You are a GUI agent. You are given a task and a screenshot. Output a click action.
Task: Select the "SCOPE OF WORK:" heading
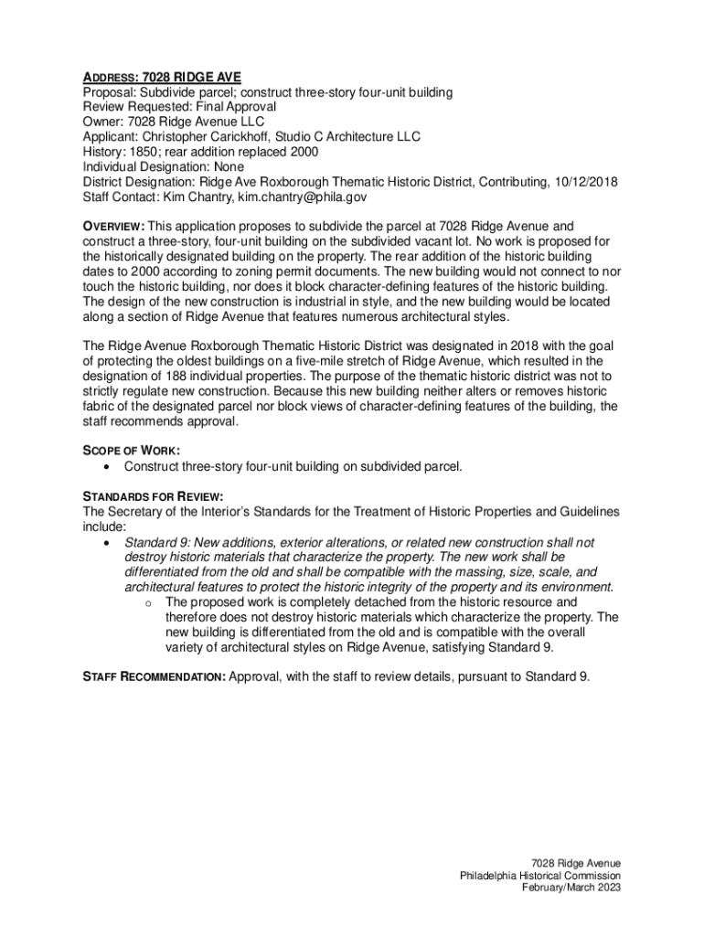coord(131,451)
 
